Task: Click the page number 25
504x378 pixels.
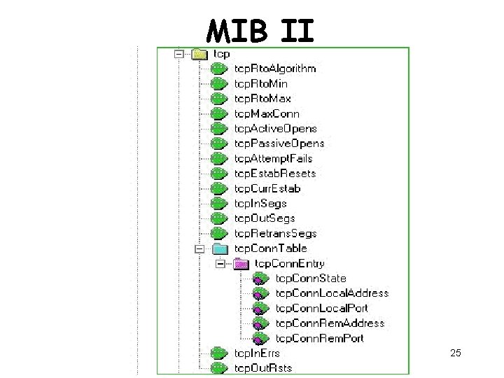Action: pos(456,353)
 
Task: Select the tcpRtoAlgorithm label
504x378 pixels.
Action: pos(275,69)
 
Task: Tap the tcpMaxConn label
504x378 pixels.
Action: pos(267,113)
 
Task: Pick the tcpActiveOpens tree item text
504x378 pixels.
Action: pos(275,129)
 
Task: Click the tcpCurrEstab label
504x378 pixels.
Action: pos(267,188)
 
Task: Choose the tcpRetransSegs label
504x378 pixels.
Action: pos(275,233)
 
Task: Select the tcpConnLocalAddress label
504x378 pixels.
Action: pos(332,293)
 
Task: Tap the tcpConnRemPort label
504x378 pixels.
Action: pos(320,338)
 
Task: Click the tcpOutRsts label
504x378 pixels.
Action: pos(263,368)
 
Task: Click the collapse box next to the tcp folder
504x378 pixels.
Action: pos(179,53)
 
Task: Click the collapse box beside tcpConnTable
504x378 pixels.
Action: pos(199,248)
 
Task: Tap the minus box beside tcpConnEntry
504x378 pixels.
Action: pos(220,264)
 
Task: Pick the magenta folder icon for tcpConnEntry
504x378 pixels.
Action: pos(240,264)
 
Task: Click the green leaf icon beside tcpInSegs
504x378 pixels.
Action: pos(219,204)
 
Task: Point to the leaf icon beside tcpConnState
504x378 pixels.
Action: pos(260,279)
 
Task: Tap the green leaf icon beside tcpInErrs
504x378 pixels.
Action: pos(219,353)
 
